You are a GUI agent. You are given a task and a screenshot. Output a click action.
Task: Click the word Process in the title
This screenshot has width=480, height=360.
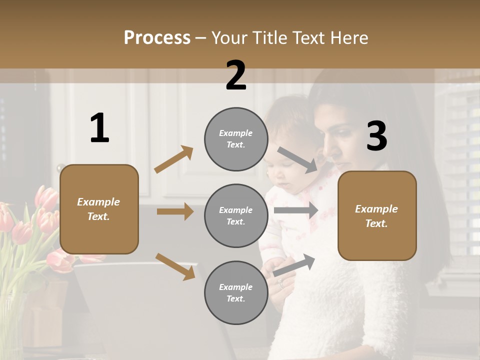(x=157, y=37)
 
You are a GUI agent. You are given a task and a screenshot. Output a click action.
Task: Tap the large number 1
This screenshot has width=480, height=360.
(x=99, y=128)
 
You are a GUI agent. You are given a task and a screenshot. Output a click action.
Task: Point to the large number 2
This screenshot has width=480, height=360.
(x=236, y=75)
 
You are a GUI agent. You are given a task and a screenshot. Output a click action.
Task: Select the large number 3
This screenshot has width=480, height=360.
(x=377, y=136)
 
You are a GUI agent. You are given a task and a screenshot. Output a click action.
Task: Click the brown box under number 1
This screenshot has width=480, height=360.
(x=99, y=209)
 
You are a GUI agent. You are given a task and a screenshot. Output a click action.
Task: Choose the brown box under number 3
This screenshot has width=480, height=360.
(x=377, y=216)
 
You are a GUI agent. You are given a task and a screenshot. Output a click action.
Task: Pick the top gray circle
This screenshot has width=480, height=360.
(x=236, y=139)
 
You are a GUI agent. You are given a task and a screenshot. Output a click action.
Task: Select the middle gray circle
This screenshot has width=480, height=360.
(x=236, y=215)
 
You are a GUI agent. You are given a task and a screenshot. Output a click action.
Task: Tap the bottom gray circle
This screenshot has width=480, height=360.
(x=236, y=292)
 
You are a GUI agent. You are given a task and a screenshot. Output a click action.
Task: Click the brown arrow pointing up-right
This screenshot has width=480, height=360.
(x=173, y=159)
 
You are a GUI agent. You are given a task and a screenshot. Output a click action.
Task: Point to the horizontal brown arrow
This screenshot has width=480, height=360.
(x=175, y=211)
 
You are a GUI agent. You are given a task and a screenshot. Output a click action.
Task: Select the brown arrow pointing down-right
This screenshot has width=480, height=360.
(x=175, y=266)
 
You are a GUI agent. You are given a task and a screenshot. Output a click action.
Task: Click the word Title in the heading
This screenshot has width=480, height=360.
(x=270, y=37)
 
